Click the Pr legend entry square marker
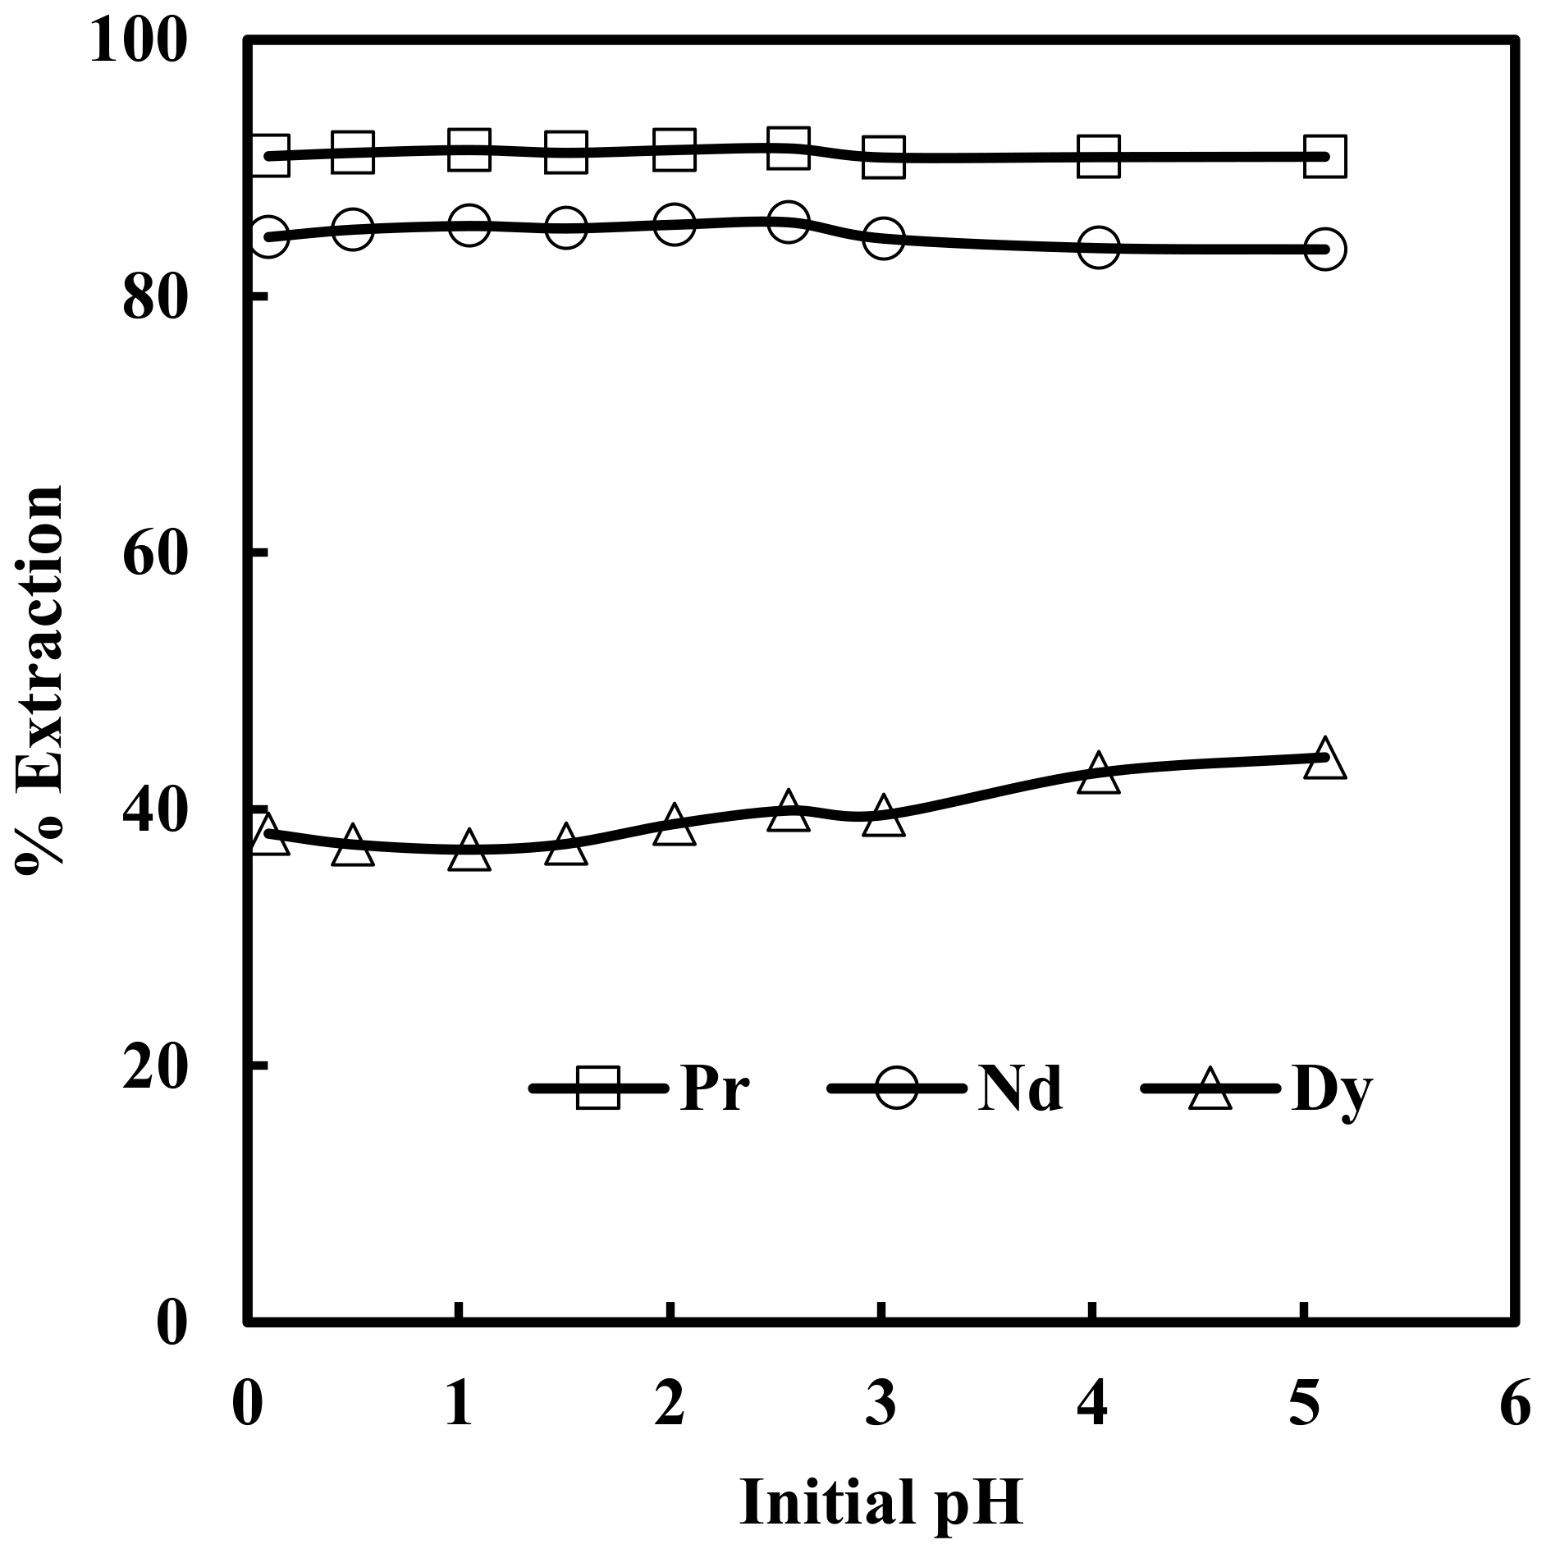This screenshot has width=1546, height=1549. [598, 1088]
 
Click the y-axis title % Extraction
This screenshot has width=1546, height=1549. [39, 681]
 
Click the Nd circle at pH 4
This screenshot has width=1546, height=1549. [1099, 247]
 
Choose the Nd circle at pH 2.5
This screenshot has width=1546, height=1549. [788, 221]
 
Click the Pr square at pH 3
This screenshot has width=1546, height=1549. [883, 156]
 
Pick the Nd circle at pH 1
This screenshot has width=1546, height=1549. [469, 226]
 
